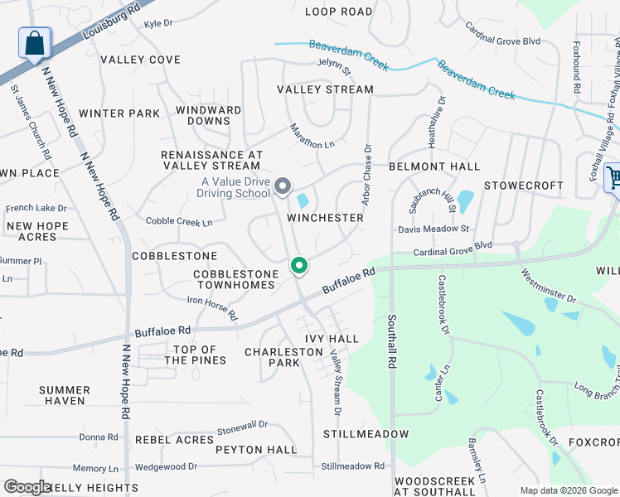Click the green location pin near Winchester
[x=299, y=266]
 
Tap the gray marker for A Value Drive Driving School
[x=283, y=186]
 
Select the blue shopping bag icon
[x=35, y=43]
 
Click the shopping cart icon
[x=613, y=177]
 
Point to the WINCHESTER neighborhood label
[x=325, y=218]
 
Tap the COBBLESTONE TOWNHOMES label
[x=234, y=280]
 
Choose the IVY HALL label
[x=332, y=339]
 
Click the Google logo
[x=27, y=487]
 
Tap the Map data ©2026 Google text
[x=568, y=490]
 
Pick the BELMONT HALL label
[x=434, y=166]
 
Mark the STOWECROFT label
[x=523, y=186]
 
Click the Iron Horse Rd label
[x=212, y=308]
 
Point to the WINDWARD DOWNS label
[x=209, y=115]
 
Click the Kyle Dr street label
[x=157, y=24]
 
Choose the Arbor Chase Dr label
[x=366, y=173]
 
